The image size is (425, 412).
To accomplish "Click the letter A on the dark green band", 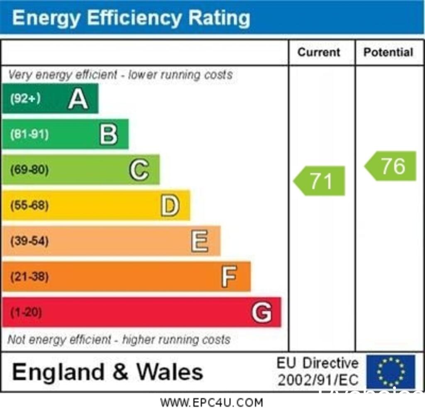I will click(x=78, y=99).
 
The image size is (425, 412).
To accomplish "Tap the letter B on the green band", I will click(x=108, y=134).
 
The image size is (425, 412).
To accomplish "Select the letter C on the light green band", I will click(x=139, y=170).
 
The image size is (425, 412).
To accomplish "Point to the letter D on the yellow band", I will click(x=170, y=205).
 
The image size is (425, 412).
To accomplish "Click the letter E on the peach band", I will click(x=200, y=241).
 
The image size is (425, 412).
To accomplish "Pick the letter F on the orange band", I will click(x=229, y=277).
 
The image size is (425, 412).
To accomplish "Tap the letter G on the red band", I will click(x=261, y=312).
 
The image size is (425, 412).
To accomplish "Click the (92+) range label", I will click(x=25, y=99).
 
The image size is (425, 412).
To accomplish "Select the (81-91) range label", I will click(x=29, y=134).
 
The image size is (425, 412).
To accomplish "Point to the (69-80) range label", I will click(x=29, y=170).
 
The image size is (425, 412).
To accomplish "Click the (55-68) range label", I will click(x=29, y=205).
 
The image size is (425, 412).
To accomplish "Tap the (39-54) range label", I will click(x=29, y=241).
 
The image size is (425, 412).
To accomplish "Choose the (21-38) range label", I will click(x=29, y=277).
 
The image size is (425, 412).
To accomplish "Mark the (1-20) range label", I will click(x=26, y=312).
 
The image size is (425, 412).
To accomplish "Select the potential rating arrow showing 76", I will click(x=391, y=166).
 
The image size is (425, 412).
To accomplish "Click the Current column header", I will click(x=319, y=52).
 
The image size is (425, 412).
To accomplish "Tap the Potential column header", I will click(x=388, y=52).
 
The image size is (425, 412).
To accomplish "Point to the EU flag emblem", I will click(x=391, y=371).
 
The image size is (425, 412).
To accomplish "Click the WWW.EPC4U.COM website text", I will click(x=212, y=402).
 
